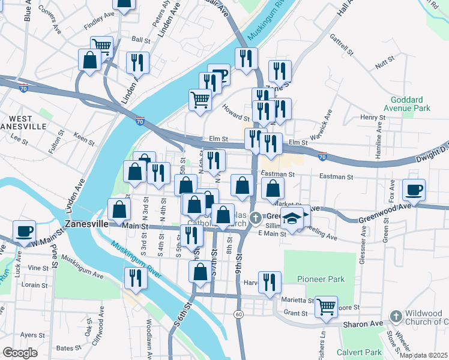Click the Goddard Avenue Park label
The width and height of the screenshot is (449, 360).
tap(410, 104)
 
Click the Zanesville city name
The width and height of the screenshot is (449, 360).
tap(86, 223)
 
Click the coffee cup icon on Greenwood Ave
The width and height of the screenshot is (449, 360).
tap(414, 191)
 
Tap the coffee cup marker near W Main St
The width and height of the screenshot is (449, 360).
tap(25, 232)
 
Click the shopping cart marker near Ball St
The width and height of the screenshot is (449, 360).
tap(102, 46)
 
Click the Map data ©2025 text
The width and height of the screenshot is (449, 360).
tap(423, 355)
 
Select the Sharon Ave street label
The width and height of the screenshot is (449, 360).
tap(363, 324)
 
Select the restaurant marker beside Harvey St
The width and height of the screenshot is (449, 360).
tap(271, 281)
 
